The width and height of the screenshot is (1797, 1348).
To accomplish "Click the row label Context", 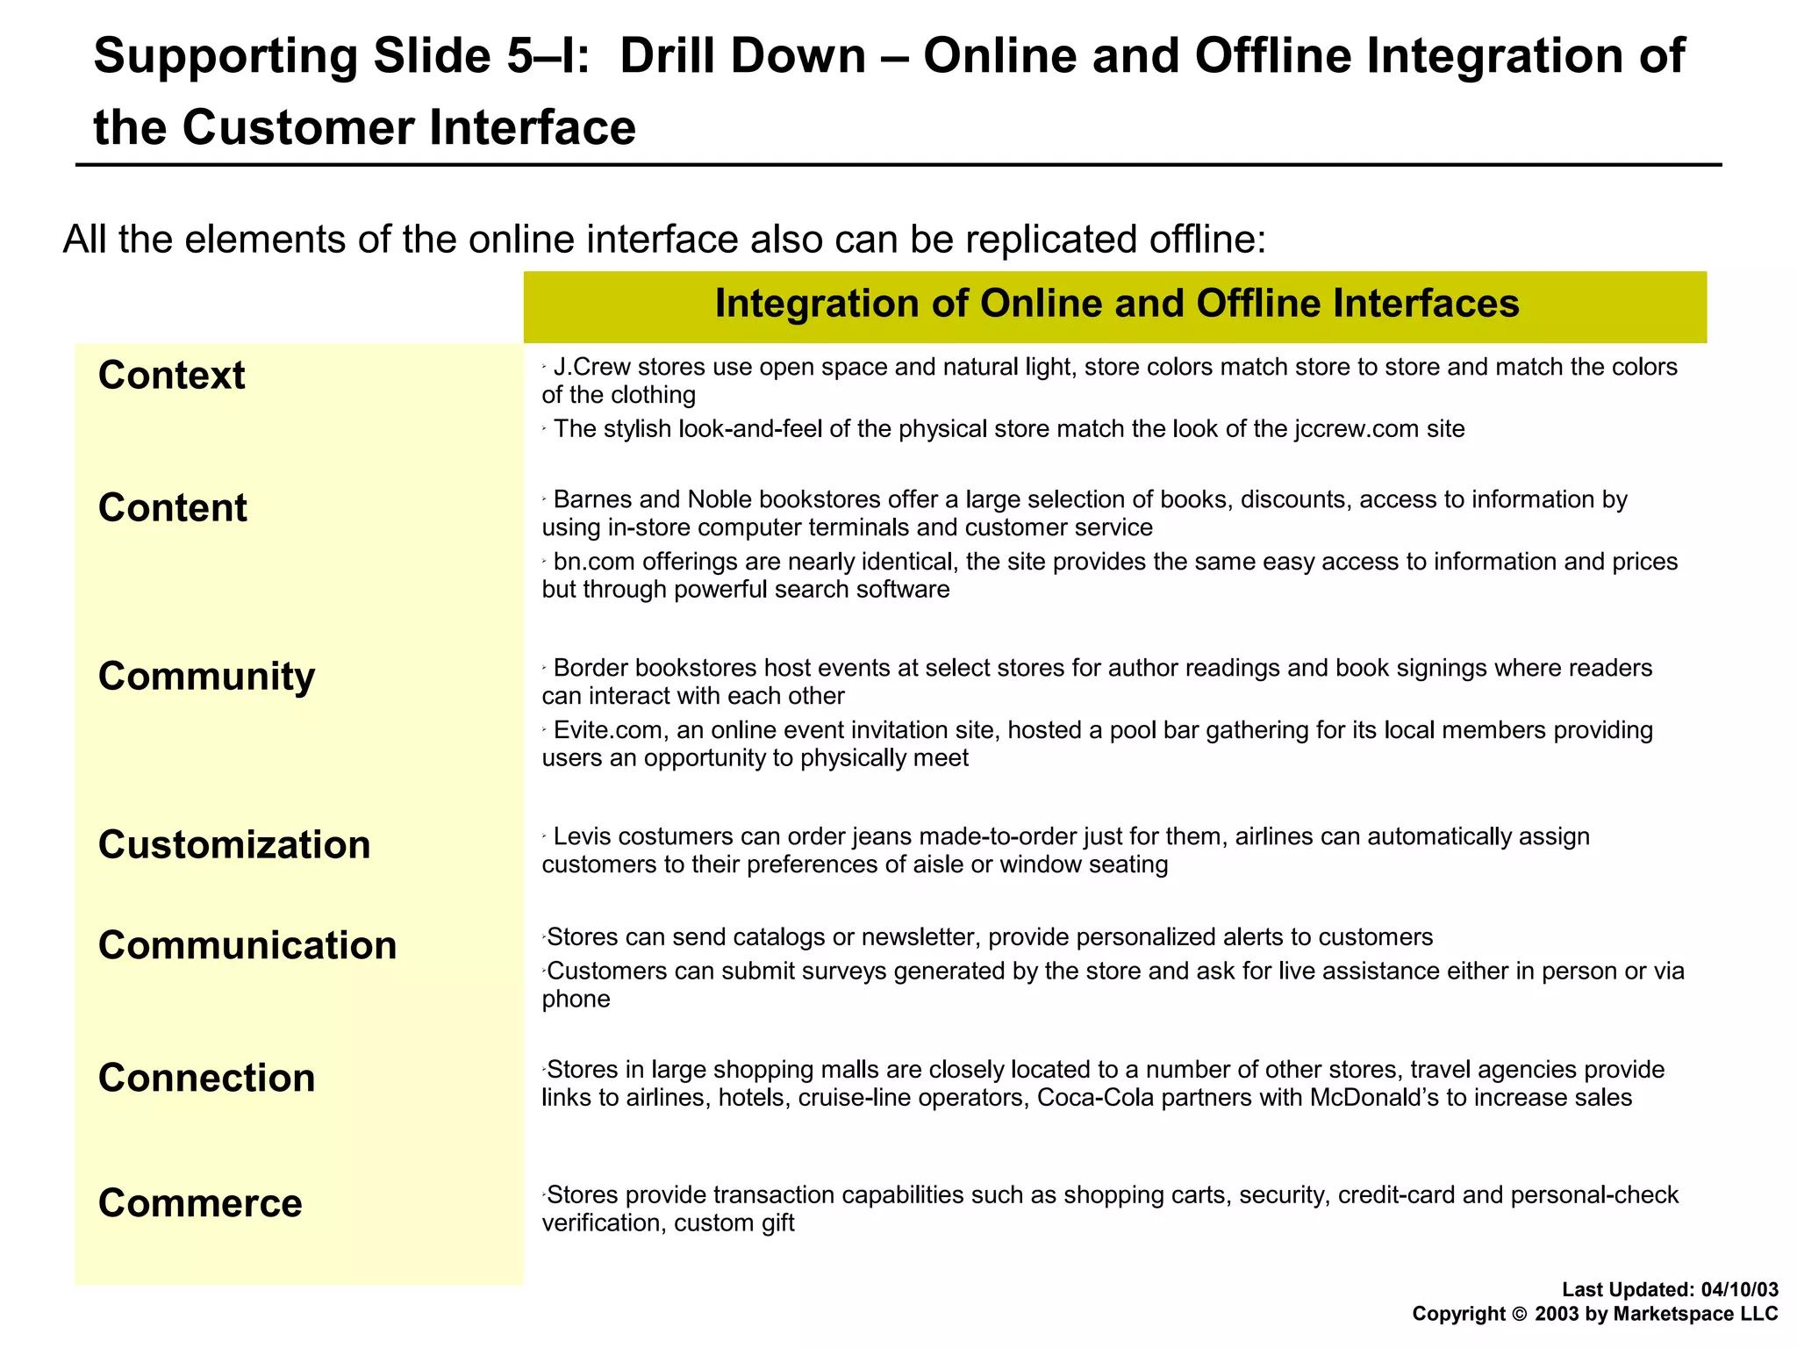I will pyautogui.click(x=172, y=376).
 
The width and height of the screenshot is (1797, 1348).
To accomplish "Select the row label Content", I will pyautogui.click(x=173, y=508).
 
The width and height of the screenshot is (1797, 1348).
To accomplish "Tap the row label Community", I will pyautogui.click(x=206, y=677).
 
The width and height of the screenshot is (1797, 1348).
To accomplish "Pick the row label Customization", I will pyautogui.click(x=234, y=845).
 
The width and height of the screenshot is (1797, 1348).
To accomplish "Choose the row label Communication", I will pyautogui.click(x=247, y=946).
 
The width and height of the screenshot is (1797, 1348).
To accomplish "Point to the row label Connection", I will pyautogui.click(x=206, y=1079).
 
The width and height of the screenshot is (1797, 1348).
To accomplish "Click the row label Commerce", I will pyautogui.click(x=200, y=1203).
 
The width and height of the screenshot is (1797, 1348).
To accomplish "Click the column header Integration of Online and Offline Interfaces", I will pyautogui.click(x=1116, y=305).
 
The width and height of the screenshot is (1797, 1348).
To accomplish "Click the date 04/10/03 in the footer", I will pyautogui.click(x=1739, y=1289).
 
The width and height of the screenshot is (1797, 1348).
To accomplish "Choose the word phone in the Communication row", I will pyautogui.click(x=576, y=1000).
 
